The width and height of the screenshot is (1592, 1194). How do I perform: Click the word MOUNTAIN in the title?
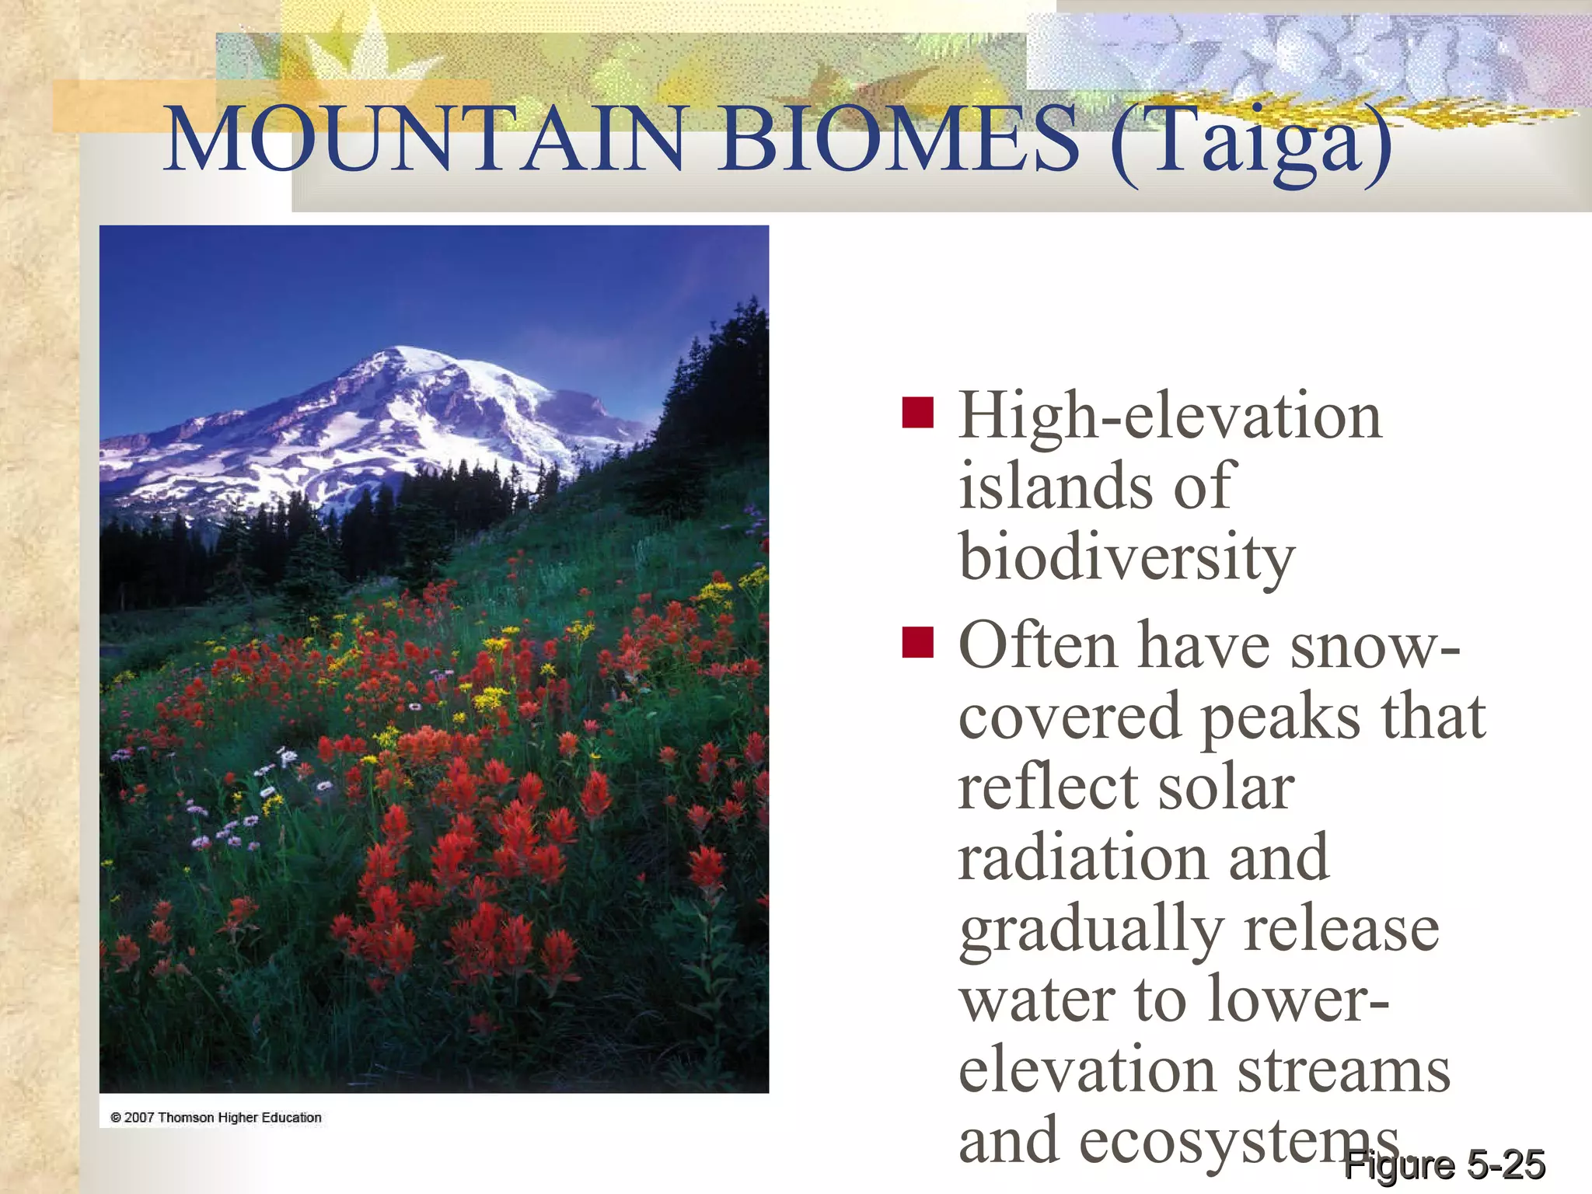click(x=424, y=140)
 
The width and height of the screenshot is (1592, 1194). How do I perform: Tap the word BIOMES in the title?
click(x=898, y=140)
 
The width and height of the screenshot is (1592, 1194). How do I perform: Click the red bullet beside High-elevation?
click(x=917, y=413)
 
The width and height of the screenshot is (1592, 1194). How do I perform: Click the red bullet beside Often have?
click(x=917, y=642)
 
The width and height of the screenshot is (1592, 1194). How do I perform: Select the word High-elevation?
click(x=1170, y=416)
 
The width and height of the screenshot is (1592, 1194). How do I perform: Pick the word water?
click(x=1035, y=1000)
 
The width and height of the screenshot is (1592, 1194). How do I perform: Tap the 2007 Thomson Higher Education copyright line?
click(x=216, y=1118)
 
